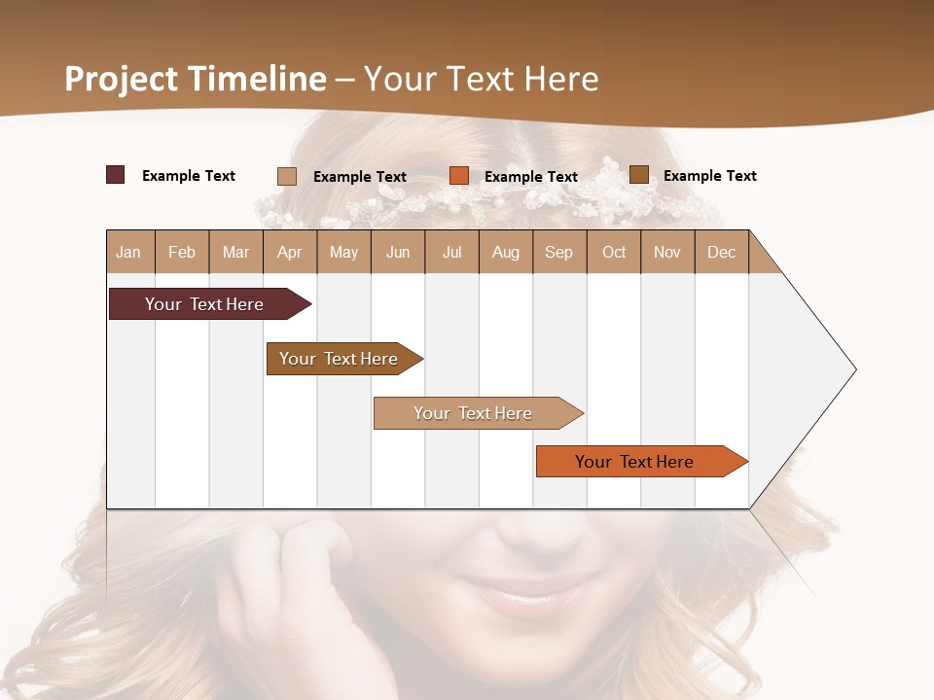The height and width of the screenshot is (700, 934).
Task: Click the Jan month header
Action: (128, 252)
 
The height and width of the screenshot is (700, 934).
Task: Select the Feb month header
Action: (182, 252)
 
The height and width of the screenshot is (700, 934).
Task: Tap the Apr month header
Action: (289, 252)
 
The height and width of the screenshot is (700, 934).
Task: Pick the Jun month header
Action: (398, 252)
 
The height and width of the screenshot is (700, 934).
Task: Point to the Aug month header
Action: (505, 252)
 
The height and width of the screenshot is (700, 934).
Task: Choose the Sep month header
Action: (558, 252)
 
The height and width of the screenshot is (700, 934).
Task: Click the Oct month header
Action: (614, 252)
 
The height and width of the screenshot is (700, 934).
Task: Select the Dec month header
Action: (721, 252)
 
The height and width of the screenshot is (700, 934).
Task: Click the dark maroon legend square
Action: (115, 175)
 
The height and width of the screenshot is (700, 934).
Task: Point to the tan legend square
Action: (287, 176)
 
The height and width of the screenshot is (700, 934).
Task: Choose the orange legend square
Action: (459, 176)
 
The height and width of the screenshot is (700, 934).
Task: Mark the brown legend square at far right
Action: (638, 175)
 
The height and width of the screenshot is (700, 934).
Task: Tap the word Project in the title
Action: (122, 79)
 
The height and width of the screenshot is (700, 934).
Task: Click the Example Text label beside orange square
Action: (530, 177)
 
